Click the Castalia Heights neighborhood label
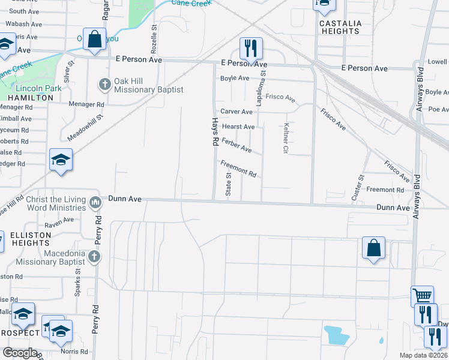(340, 27)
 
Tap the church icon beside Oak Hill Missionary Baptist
(104, 84)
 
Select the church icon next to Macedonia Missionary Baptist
(94, 257)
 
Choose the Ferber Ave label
(237, 145)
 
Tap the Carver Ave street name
(237, 112)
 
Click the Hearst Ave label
(238, 127)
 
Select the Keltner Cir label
(286, 139)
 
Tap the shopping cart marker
(422, 295)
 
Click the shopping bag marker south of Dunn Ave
(373, 248)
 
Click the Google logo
(20, 353)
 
